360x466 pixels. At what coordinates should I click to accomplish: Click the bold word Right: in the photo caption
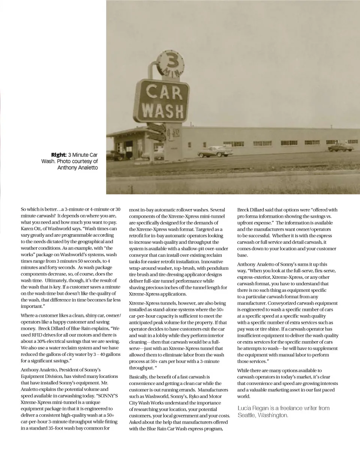[x=59, y=155]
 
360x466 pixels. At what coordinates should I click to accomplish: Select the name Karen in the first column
[x=27, y=228]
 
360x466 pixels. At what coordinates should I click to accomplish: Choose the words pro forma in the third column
[x=249, y=216]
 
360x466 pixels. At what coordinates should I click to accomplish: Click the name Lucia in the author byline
[x=245, y=408]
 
